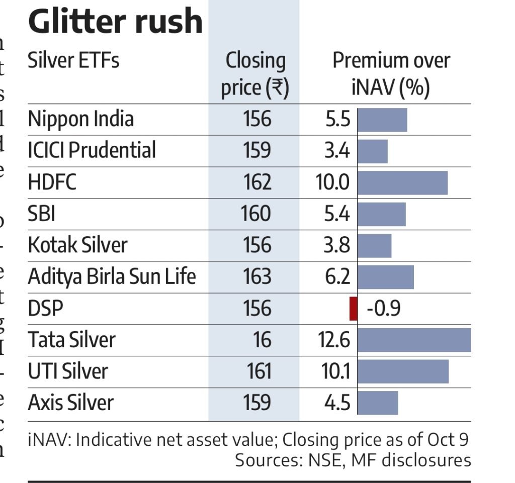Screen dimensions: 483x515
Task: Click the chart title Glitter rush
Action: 115,21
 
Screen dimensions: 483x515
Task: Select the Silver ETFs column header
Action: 73,61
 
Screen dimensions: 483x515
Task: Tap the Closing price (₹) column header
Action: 255,74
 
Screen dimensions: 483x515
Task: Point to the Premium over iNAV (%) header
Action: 391,74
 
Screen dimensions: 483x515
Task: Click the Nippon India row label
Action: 81,119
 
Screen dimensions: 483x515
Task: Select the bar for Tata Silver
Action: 414,340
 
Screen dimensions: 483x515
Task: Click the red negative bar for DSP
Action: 353,309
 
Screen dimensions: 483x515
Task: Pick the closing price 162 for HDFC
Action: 257,182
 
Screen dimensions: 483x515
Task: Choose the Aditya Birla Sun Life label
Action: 112,276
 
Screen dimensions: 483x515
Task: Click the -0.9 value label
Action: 383,309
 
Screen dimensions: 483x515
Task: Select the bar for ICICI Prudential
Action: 372,151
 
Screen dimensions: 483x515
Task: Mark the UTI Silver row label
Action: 68,371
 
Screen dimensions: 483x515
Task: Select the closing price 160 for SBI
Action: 256,214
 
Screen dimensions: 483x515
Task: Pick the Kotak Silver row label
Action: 77,245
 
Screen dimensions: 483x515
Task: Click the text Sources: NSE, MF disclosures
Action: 353,460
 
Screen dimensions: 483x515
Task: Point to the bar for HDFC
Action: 402,182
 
